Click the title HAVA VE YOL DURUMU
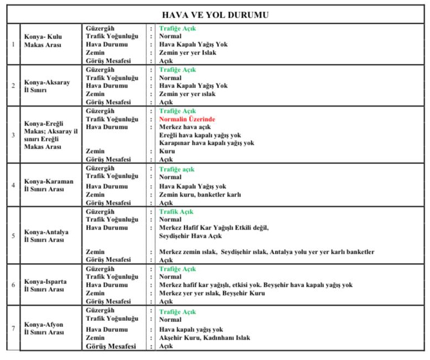click(215, 15)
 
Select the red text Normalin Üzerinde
click(187, 119)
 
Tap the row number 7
click(13, 329)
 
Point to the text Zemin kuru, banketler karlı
click(200, 195)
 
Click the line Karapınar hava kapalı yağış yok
click(207, 143)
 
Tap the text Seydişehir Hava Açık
click(190, 236)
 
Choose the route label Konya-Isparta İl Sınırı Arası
click(46, 285)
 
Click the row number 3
click(13, 135)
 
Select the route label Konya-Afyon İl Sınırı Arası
click(44, 329)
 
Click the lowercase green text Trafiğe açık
click(177, 170)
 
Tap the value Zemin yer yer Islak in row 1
click(188, 53)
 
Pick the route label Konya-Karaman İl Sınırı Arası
click(48, 185)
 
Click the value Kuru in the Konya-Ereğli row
click(167, 151)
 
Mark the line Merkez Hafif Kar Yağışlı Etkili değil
click(214, 228)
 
